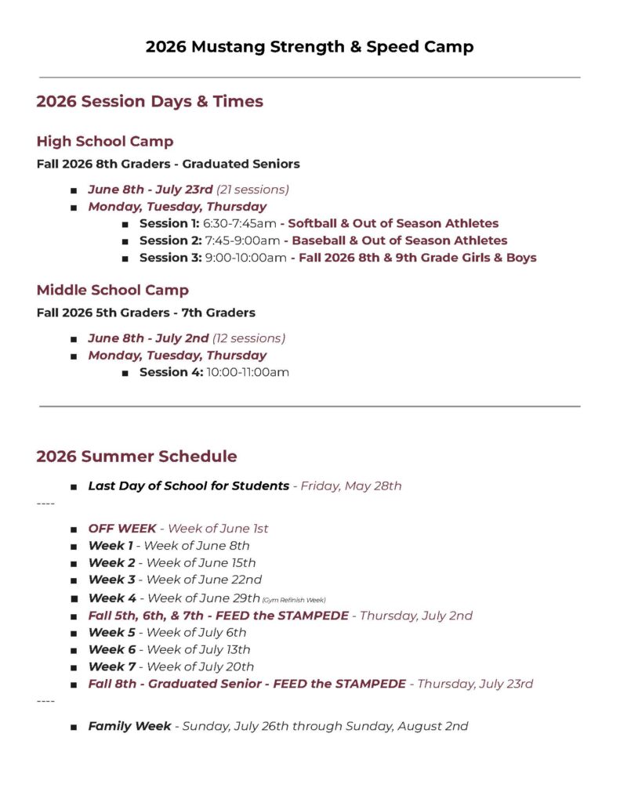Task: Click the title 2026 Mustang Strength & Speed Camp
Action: (310, 47)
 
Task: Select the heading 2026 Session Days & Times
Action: (150, 101)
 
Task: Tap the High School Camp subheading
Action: (105, 142)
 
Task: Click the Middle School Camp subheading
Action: (113, 291)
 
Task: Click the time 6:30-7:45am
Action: (240, 224)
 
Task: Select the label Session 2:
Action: (170, 240)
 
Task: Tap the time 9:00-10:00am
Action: (245, 258)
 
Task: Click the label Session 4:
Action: (171, 372)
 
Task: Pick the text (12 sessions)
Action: (248, 338)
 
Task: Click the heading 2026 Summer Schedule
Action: (136, 457)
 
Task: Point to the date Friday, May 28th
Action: (351, 486)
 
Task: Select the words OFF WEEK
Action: (122, 529)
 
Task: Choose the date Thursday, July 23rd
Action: (475, 684)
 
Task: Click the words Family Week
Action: (129, 726)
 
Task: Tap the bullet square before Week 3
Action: (73, 580)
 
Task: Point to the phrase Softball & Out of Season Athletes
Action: (393, 224)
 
